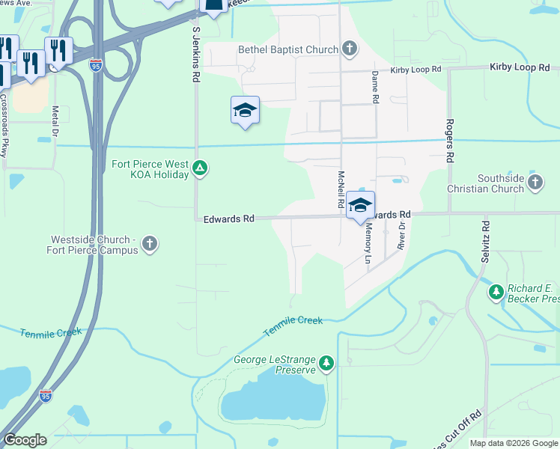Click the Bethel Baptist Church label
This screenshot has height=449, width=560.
click(288, 50)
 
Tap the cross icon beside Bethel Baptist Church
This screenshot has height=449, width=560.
click(349, 49)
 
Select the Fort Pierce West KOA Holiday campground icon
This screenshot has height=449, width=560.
click(200, 168)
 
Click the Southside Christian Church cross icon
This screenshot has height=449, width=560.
click(535, 183)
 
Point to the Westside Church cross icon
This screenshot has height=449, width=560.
click(150, 243)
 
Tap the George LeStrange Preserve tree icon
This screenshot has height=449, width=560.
click(326, 363)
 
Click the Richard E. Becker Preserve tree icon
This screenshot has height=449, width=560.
click(495, 292)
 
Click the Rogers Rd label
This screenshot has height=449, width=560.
click(450, 141)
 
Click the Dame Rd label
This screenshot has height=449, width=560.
click(375, 88)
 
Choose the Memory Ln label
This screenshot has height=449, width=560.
click(368, 245)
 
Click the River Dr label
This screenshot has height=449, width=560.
click(402, 236)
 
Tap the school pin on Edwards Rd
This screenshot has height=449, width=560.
click(360, 205)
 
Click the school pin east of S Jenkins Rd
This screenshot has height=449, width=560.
click(245, 111)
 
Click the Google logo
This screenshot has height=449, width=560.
click(25, 440)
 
